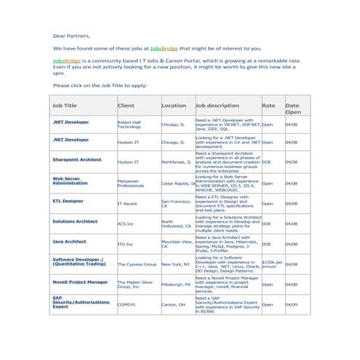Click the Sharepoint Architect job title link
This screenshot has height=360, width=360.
pos(76,159)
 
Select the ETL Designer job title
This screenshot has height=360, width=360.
pos(68,200)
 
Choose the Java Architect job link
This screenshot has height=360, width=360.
pos(70,241)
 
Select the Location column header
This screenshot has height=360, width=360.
pos(173,105)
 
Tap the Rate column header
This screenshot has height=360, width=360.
pos(268,105)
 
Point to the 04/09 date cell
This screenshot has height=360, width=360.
pos(292,305)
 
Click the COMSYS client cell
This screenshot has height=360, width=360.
pos(127,305)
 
